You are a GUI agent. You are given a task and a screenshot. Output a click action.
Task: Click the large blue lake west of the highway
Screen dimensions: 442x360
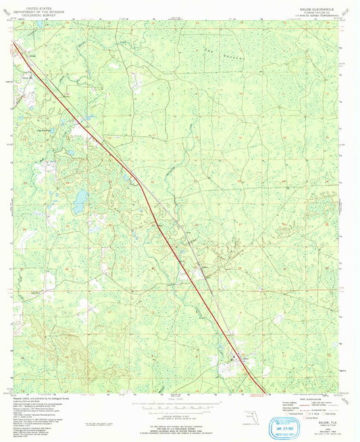80,199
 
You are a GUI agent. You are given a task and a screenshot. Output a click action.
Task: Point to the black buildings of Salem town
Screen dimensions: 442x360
234,359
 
